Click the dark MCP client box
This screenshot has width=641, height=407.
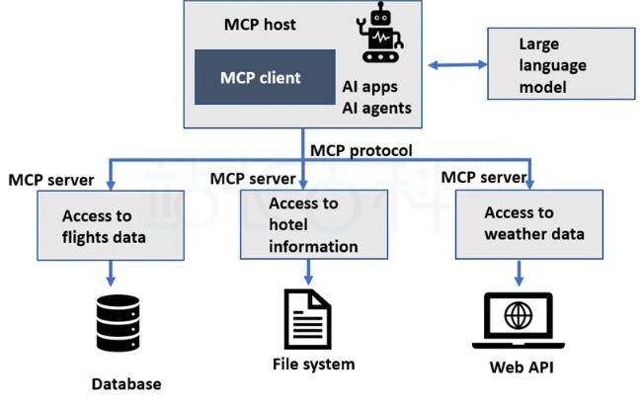[261, 76]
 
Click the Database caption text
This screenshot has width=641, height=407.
[125, 383]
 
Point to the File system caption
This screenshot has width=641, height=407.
[312, 365]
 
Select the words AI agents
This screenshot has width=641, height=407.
[377, 108]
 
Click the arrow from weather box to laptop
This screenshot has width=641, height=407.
[519, 272]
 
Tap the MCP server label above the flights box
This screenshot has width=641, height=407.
[50, 180]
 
